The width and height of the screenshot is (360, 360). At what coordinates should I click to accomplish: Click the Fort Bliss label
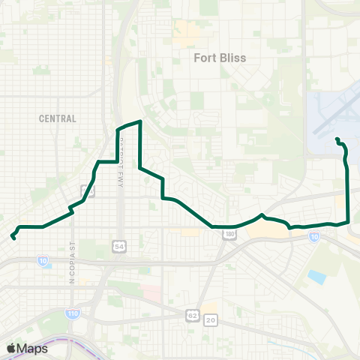click(x=220, y=57)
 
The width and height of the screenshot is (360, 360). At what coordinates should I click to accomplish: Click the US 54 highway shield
click(x=118, y=246)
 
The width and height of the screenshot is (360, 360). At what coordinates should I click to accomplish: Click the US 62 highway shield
click(x=193, y=319)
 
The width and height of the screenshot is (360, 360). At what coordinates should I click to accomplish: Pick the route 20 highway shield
click(x=211, y=319)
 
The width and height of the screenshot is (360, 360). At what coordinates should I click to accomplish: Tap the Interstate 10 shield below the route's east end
click(x=313, y=238)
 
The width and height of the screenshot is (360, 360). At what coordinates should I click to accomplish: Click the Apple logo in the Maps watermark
click(x=12, y=348)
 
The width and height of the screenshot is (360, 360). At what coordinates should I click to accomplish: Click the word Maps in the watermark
click(x=33, y=348)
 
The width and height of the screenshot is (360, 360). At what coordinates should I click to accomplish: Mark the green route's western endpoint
click(x=13, y=238)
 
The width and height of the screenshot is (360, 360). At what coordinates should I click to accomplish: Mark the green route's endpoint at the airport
click(x=337, y=139)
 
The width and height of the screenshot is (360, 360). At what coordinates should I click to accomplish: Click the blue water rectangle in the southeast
click(x=316, y=277)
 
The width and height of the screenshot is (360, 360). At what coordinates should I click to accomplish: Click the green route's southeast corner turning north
click(x=349, y=220)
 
